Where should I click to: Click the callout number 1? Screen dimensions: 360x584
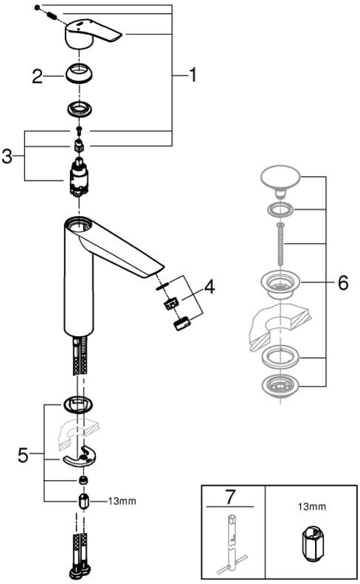click(x=193, y=75)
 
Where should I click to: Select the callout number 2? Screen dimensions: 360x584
click(x=37, y=77)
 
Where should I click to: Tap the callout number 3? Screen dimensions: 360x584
click(x=7, y=156)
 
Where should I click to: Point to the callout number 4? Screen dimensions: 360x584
click(x=210, y=286)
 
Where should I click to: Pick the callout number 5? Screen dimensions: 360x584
click(x=23, y=455)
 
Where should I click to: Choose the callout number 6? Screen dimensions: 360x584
click(x=343, y=282)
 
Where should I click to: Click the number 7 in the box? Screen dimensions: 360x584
click(x=230, y=496)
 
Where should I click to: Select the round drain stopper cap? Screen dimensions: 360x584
click(x=280, y=179)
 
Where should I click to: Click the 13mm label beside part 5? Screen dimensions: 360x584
click(x=122, y=501)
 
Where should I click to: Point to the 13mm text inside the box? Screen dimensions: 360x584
click(x=311, y=507)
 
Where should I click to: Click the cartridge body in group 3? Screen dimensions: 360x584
click(x=79, y=178)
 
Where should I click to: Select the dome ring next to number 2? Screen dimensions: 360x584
click(x=80, y=74)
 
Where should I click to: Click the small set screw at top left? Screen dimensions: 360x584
click(x=37, y=7)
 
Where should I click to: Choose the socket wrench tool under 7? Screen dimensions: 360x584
click(x=231, y=543)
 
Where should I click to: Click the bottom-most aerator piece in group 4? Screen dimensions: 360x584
click(x=182, y=323)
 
